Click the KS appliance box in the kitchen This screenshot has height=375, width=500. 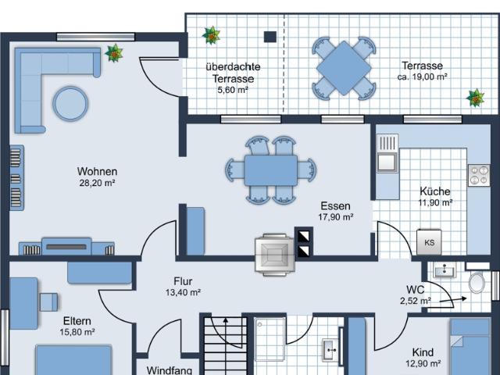(x=429, y=242)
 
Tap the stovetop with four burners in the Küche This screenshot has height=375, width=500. (x=479, y=175)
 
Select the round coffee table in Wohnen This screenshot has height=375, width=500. (x=70, y=103)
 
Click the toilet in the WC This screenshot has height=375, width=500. (x=477, y=283)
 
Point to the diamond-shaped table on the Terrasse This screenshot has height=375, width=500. (x=344, y=68)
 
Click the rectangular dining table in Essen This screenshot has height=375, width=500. (x=271, y=170)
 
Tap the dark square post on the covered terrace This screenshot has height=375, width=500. (x=270, y=37)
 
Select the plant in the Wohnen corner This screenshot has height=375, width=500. (x=114, y=53)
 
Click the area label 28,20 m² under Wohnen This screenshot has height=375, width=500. (x=97, y=183)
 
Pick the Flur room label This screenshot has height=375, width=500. (x=183, y=281)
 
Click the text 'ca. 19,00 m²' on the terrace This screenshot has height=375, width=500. (x=422, y=77)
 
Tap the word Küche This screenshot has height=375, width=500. (x=435, y=191)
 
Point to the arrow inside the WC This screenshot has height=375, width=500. (x=453, y=300)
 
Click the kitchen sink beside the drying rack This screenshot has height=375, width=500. (x=387, y=162)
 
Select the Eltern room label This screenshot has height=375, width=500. (x=77, y=321)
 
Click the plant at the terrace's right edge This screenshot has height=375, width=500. (x=475, y=98)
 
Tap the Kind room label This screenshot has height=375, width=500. (x=423, y=352)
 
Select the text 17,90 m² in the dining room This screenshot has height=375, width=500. (x=335, y=217)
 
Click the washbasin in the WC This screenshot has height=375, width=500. (x=444, y=271)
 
